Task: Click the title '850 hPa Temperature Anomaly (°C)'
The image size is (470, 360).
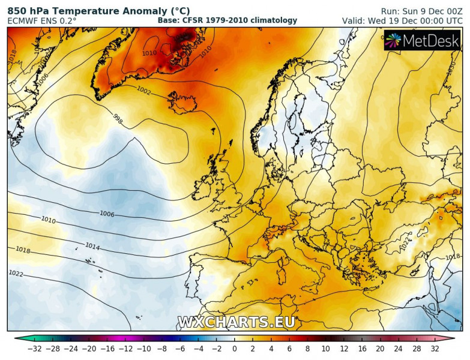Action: click(x=98, y=10)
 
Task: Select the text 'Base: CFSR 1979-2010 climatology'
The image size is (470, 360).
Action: click(x=227, y=20)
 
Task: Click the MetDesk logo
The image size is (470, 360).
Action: click(x=422, y=41)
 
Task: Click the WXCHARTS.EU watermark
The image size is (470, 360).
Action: click(x=236, y=322)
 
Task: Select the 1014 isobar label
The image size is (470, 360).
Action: click(x=92, y=246)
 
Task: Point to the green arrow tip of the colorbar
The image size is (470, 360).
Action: click(x=17, y=338)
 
